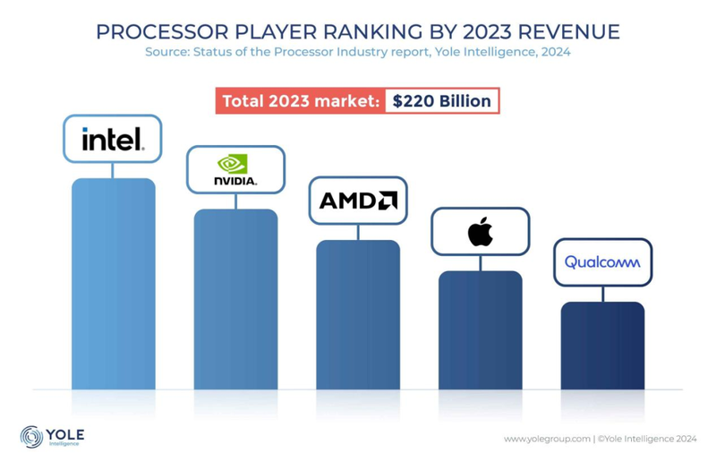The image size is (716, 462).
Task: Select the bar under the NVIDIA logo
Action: (235, 299)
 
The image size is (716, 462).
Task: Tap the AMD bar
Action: (358, 314)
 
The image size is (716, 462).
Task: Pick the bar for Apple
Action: (480, 329)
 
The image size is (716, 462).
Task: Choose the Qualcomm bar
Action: (602, 346)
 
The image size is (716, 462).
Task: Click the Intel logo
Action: (112, 139)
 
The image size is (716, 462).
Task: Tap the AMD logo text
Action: (357, 201)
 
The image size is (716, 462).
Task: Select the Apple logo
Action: (481, 232)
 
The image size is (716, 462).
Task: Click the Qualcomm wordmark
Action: (602, 262)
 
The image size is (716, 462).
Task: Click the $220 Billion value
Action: (442, 100)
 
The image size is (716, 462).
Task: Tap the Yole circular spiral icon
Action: (32, 437)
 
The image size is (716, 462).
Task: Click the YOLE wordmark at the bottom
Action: (64, 432)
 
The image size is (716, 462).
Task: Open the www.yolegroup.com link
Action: (547, 439)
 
